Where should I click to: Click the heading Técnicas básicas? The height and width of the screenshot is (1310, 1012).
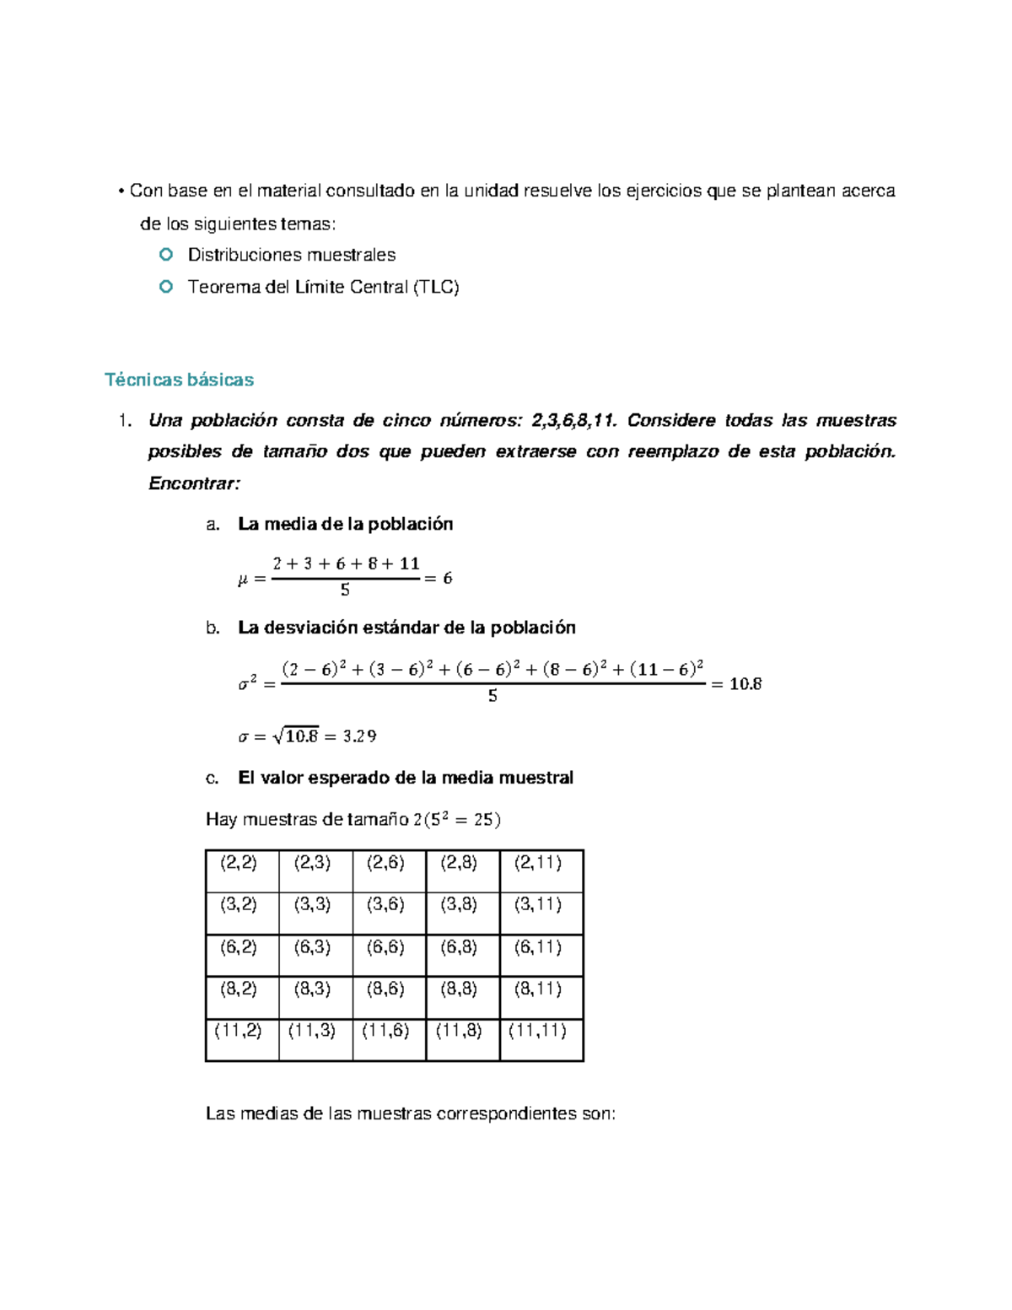pos(179,380)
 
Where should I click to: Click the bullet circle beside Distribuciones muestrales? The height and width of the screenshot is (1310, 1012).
pos(166,254)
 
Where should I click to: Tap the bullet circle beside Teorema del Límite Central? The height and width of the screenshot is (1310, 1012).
pos(166,287)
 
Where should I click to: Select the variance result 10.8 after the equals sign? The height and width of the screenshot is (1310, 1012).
pos(746,684)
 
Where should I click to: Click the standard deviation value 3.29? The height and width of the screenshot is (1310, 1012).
pos(359,736)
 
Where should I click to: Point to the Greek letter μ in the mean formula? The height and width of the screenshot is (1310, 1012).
pos(245,579)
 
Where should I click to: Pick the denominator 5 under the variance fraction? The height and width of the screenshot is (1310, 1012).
pos(493,697)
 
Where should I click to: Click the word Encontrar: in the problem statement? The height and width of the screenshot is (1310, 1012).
pos(194,483)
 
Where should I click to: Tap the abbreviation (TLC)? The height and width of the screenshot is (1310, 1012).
pos(436,288)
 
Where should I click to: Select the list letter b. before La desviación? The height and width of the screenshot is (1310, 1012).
pos(213,628)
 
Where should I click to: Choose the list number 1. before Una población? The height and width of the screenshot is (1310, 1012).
pos(125,421)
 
